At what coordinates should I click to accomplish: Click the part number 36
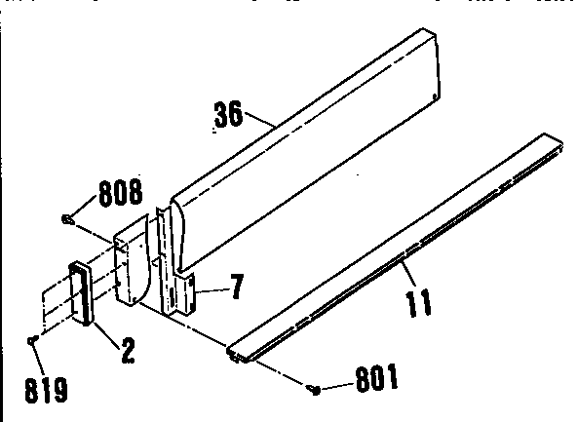click(x=228, y=114)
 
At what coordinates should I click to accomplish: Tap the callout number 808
click(x=121, y=192)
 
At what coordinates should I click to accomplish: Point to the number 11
click(x=419, y=302)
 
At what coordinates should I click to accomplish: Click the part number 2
click(x=128, y=351)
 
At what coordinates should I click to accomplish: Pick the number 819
click(x=47, y=390)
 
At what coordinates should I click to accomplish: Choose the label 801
click(x=377, y=377)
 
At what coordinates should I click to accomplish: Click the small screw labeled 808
click(x=67, y=219)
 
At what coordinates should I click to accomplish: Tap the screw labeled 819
click(x=32, y=341)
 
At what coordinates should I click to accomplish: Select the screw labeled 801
click(x=315, y=389)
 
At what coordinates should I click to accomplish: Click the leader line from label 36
click(x=261, y=120)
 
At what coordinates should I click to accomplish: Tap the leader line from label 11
click(x=408, y=273)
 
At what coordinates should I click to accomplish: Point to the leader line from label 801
click(x=337, y=386)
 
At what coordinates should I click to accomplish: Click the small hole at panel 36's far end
click(x=435, y=96)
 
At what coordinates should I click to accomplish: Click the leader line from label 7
click(x=212, y=290)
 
